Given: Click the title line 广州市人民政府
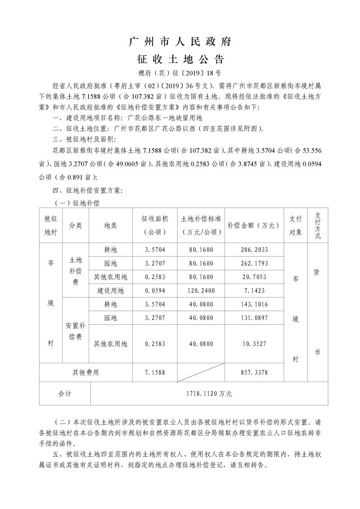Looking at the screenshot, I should pyautogui.click(x=180, y=42).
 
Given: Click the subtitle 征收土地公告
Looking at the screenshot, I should pyautogui.click(x=180, y=59).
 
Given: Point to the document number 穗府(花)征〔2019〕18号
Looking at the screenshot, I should pyautogui.click(x=180, y=72).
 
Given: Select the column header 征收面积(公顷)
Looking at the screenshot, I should pyautogui.click(x=155, y=225).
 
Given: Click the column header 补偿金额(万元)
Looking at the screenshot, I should pyautogui.click(x=254, y=225).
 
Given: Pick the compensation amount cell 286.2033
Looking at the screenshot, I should pyautogui.click(x=254, y=249).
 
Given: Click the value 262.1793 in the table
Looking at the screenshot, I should pyautogui.click(x=254, y=263).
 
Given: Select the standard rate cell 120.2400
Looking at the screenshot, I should pyautogui.click(x=201, y=290).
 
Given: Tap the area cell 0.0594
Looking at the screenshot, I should pyautogui.click(x=155, y=290).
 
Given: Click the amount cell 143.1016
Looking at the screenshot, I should pyautogui.click(x=254, y=304).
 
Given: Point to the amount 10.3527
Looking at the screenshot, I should pyautogui.click(x=254, y=344).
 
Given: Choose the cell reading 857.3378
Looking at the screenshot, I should pyautogui.click(x=254, y=372).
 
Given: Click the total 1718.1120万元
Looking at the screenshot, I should pyautogui.click(x=209, y=393).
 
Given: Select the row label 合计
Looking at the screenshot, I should pyautogui.click(x=65, y=393).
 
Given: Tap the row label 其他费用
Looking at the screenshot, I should pyautogui.click(x=85, y=372).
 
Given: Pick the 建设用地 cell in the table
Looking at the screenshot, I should pyautogui.click(x=110, y=290).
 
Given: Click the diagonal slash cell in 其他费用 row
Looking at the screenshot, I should pyautogui.click(x=201, y=372).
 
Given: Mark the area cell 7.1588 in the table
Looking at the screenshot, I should pyautogui.click(x=155, y=372).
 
